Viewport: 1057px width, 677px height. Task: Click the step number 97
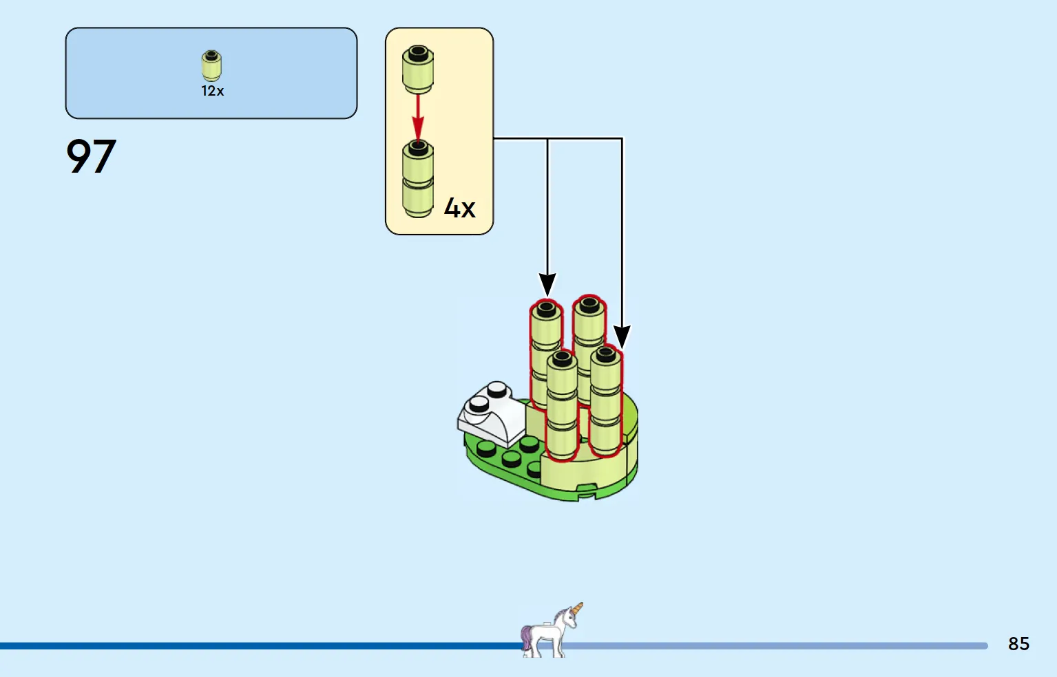tap(91, 156)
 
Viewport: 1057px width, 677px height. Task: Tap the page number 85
tap(1018, 644)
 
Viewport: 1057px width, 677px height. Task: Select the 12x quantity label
tap(212, 91)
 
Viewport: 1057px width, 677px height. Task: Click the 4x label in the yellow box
tap(459, 207)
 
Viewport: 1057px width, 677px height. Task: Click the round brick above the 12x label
tap(211, 65)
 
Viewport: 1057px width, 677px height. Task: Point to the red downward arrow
tap(418, 118)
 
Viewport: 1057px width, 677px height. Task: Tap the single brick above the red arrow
tap(418, 69)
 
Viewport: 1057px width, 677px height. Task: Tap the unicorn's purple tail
tap(527, 636)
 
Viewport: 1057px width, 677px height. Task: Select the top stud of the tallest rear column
tap(589, 303)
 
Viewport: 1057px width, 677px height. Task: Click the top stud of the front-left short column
tap(562, 358)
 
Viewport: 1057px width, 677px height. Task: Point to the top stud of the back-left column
tap(546, 308)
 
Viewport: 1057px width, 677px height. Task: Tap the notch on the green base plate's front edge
tap(586, 490)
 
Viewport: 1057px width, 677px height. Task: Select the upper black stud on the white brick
tap(497, 390)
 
